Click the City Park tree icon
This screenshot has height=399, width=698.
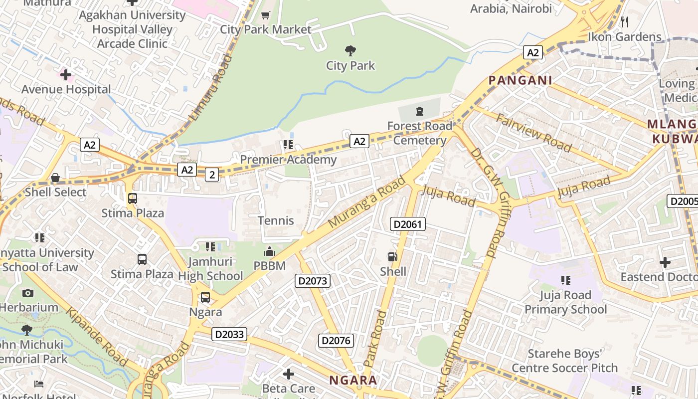click(350, 50)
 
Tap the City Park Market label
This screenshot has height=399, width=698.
click(265, 29)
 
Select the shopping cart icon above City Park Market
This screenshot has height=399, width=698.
click(265, 15)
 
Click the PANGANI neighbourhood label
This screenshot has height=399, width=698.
click(520, 80)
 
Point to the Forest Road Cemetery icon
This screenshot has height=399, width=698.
click(420, 111)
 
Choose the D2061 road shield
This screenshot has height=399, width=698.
click(407, 224)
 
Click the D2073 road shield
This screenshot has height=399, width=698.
click(313, 281)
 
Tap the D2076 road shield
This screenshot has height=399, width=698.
click(336, 341)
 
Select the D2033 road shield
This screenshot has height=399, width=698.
click(229, 334)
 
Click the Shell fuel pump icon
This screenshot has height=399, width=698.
click(393, 257)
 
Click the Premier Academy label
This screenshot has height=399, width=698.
click(288, 160)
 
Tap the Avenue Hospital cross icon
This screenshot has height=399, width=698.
click(66, 75)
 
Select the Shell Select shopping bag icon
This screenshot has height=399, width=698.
click(55, 178)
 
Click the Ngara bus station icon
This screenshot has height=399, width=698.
click(205, 298)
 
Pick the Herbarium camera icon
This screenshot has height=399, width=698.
click(28, 293)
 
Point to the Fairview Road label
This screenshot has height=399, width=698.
click(533, 133)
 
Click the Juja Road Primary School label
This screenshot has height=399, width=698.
click(565, 302)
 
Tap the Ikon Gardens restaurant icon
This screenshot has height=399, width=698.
click(624, 22)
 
